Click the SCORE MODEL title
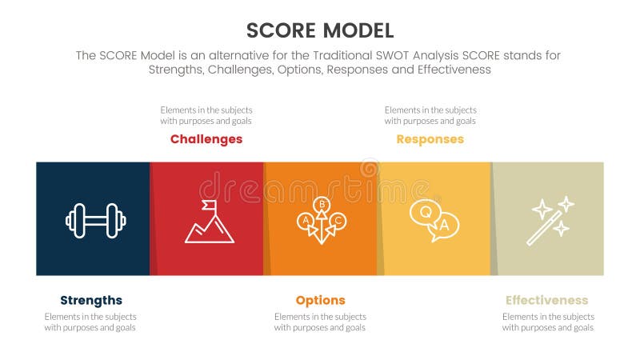pyautogui.click(x=320, y=30)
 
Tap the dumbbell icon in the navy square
pyautogui.click(x=95, y=220)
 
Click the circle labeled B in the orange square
pyautogui.click(x=322, y=205)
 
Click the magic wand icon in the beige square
pyautogui.click(x=549, y=220)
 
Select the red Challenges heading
pyautogui.click(x=206, y=139)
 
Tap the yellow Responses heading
pyautogui.click(x=430, y=139)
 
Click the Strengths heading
pyautogui.click(x=91, y=301)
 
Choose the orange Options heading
pyautogui.click(x=320, y=301)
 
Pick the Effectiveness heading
pyautogui.click(x=546, y=301)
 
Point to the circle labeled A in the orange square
pyautogui.click(x=306, y=220)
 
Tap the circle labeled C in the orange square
pyautogui.click(x=338, y=220)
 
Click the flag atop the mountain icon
pyautogui.click(x=210, y=206)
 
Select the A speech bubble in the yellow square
pyautogui.click(x=446, y=226)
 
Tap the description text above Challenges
pyautogui.click(x=206, y=115)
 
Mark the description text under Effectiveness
pyautogui.click(x=548, y=322)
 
